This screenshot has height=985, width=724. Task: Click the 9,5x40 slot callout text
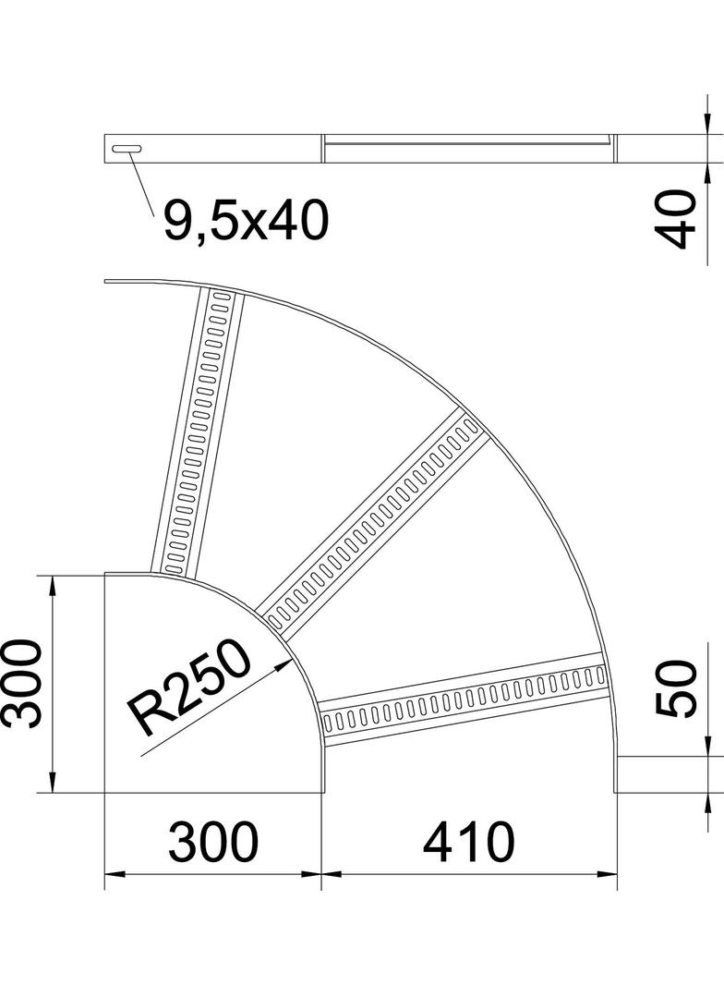(x=246, y=221)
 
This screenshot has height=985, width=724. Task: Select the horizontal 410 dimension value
(x=469, y=842)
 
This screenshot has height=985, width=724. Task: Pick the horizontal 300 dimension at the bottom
(x=213, y=842)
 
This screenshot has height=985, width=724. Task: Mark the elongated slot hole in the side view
(x=127, y=149)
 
